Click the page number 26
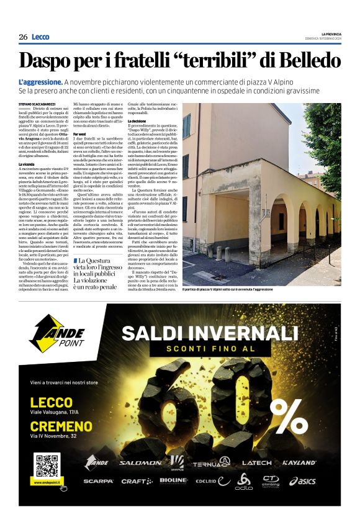pyautogui.click(x=23, y=37)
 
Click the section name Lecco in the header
pyautogui.click(x=40, y=37)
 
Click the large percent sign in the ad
pyautogui.click(x=286, y=410)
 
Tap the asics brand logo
pyautogui.click(x=302, y=481)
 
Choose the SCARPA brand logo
pyautogui.click(x=99, y=481)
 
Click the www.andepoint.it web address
pyautogui.click(x=47, y=483)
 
